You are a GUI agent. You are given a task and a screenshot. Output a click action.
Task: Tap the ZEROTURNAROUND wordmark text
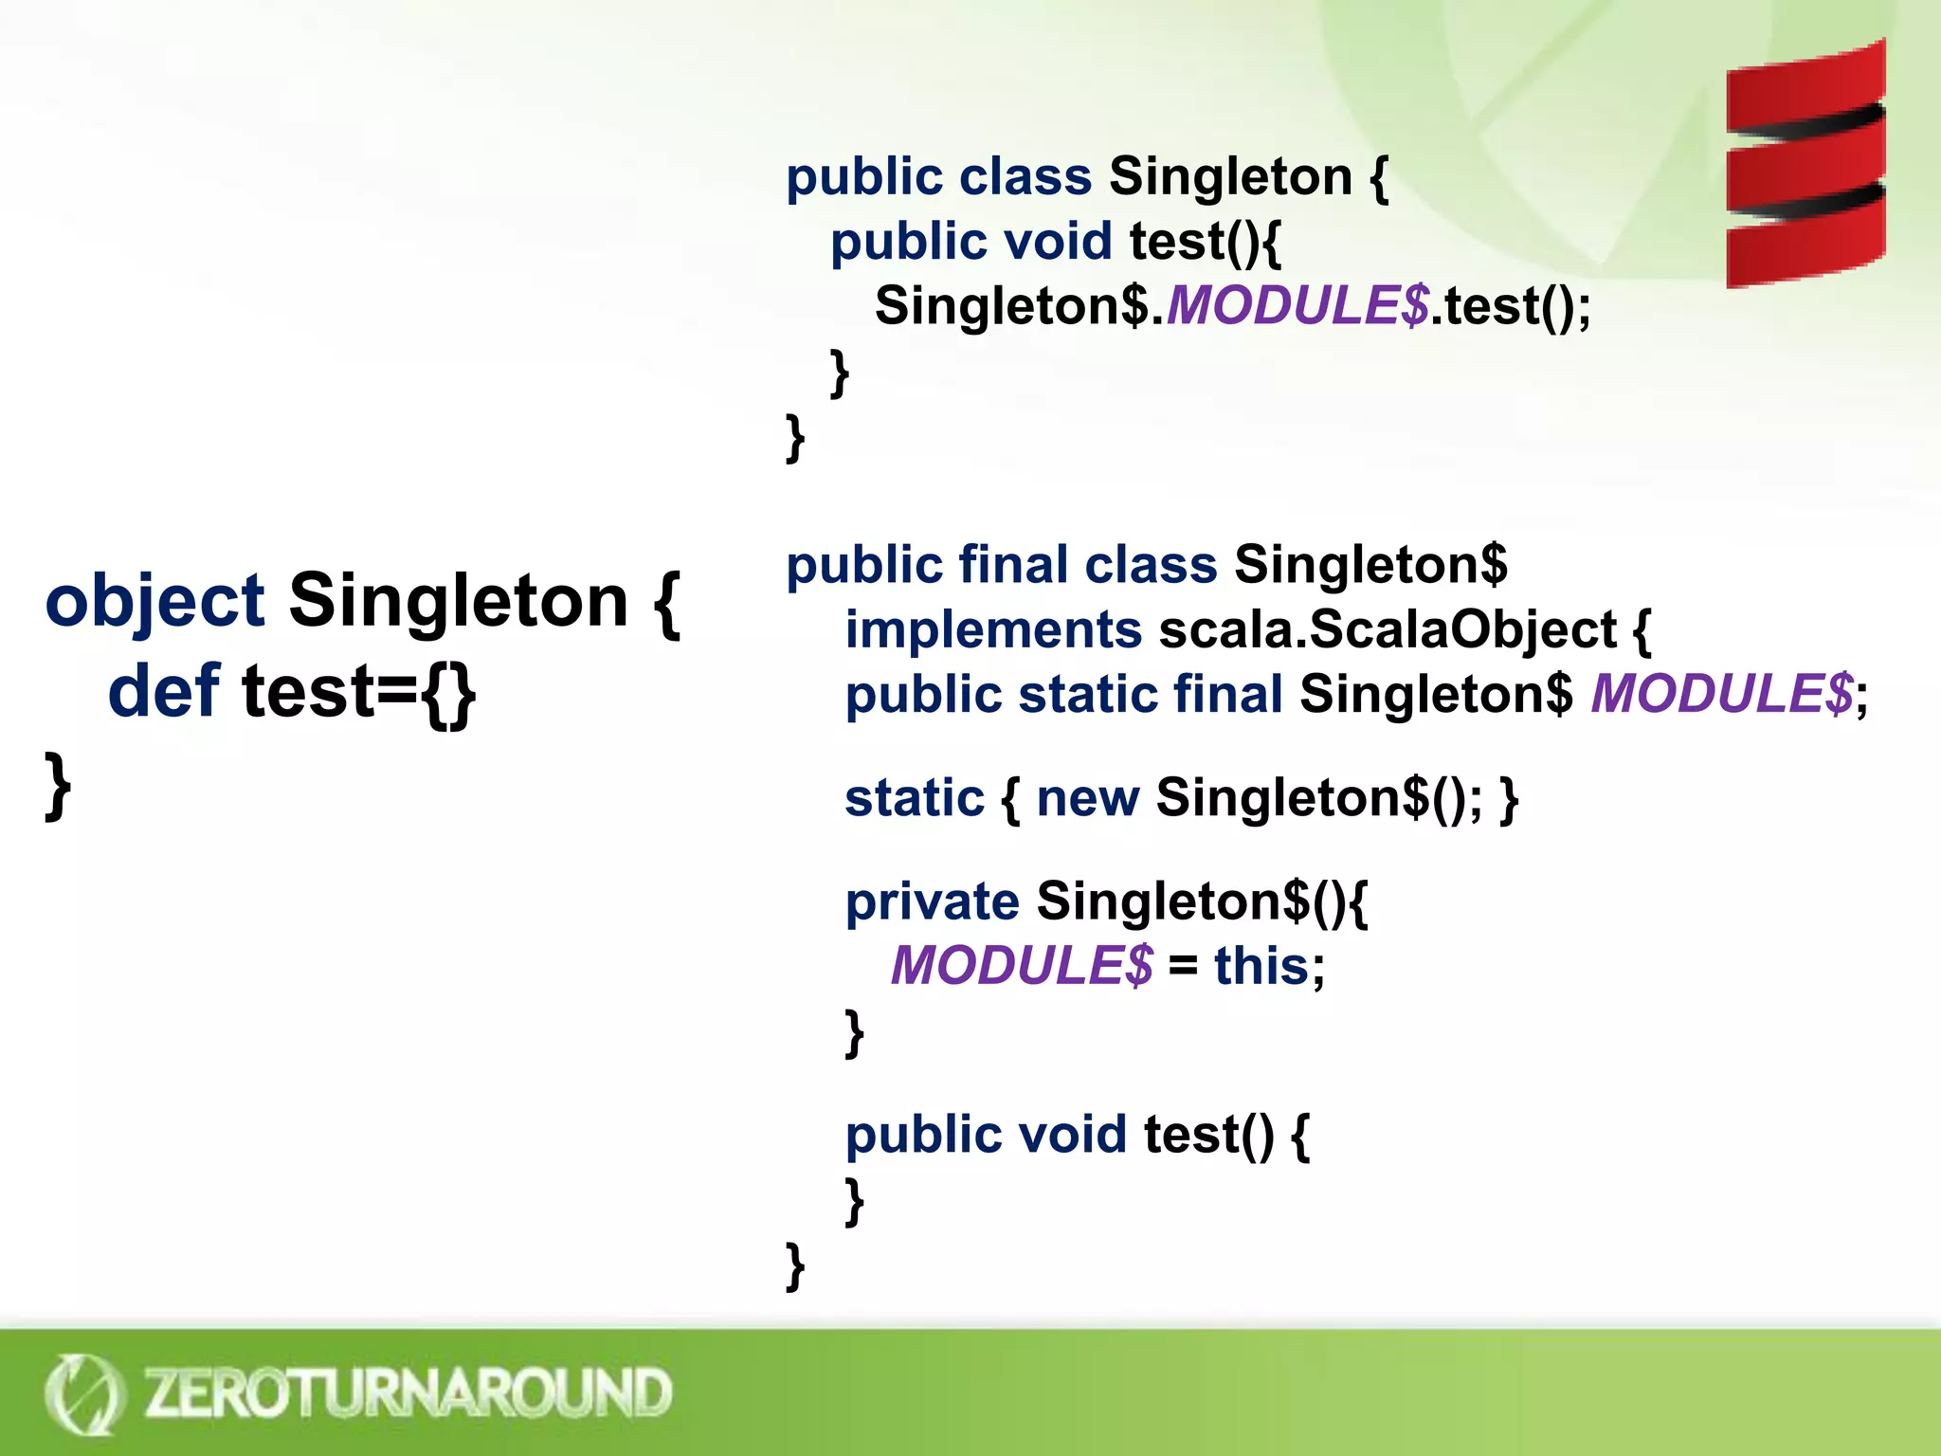(408, 1392)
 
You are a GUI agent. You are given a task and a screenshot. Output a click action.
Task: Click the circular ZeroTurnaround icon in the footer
(83, 1393)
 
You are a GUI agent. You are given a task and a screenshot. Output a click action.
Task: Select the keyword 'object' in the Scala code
(154, 602)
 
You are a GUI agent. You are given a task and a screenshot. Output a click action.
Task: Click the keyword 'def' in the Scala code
(163, 691)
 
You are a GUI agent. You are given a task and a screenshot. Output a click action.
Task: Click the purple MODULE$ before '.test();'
(1297, 306)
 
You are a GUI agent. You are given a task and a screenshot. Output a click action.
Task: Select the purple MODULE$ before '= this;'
(1022, 966)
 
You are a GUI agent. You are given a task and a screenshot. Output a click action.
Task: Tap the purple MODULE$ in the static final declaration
(1721, 694)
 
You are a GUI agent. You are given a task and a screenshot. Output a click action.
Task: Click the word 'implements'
(993, 630)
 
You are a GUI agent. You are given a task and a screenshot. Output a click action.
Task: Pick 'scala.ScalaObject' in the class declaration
(1388, 630)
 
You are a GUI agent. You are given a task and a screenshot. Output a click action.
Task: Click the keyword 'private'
(932, 901)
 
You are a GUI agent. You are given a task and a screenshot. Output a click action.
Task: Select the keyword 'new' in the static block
(1087, 798)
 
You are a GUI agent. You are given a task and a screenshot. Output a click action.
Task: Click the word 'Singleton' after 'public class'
(1230, 177)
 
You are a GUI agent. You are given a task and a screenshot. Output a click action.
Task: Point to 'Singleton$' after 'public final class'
(1370, 565)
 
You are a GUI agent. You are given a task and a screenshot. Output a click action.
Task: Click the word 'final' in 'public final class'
(1013, 565)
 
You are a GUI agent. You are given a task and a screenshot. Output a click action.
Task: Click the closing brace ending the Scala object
(58, 785)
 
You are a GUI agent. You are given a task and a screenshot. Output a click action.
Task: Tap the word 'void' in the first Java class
(1057, 242)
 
